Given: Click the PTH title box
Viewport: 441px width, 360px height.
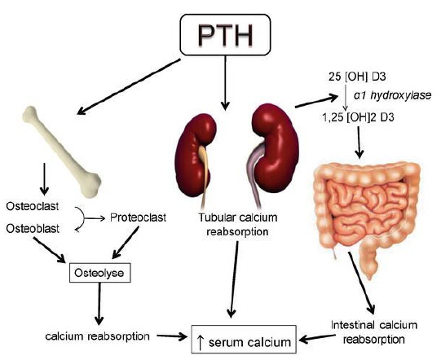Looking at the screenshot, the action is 225,34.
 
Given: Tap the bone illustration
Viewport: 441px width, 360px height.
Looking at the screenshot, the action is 62,151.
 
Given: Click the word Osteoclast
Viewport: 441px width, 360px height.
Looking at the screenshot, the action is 33,206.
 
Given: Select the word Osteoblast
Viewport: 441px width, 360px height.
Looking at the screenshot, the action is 33,229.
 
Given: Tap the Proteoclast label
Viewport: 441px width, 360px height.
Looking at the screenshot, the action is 138,217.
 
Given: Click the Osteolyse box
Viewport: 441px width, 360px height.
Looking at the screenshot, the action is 99,273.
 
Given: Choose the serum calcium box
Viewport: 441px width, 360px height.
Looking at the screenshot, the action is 244,339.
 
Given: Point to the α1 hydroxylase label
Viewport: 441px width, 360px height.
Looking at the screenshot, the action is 393,96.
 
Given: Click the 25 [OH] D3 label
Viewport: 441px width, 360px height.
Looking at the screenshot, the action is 357,77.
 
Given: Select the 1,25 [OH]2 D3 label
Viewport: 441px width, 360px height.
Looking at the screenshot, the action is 358,117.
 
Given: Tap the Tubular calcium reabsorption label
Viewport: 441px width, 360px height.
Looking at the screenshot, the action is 238,225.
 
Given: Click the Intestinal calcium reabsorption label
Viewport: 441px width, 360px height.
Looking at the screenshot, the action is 374,332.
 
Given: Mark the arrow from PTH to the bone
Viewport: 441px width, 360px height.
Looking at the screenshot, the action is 129,86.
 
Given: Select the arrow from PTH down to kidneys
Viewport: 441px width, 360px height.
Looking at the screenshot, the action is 225,82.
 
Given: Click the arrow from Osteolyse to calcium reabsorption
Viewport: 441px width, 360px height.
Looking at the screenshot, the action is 99,304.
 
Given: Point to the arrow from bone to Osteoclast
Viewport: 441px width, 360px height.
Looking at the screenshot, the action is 44,178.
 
